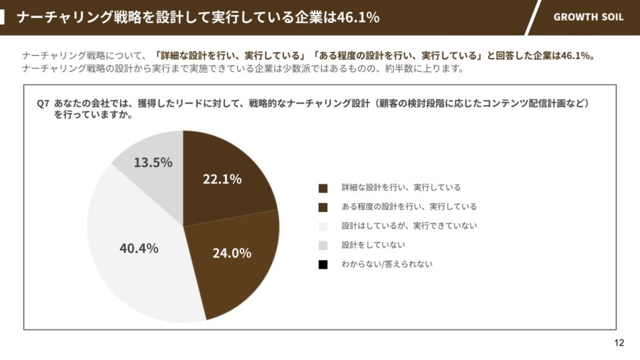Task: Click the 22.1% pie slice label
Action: pyautogui.click(x=222, y=179)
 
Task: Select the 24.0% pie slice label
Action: pyautogui.click(x=231, y=252)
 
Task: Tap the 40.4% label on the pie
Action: pyautogui.click(x=139, y=248)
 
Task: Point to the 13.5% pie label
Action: pyautogui.click(x=153, y=162)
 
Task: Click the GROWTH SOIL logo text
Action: pyautogui.click(x=588, y=17)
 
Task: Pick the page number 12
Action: pyautogui.click(x=619, y=342)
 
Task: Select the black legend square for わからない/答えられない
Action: pyautogui.click(x=322, y=264)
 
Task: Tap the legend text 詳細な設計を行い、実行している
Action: pyautogui.click(x=401, y=187)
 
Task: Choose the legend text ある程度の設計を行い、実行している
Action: pyautogui.click(x=409, y=207)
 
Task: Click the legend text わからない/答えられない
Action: pyautogui.click(x=387, y=264)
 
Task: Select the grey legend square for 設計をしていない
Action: pyautogui.click(x=322, y=245)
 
